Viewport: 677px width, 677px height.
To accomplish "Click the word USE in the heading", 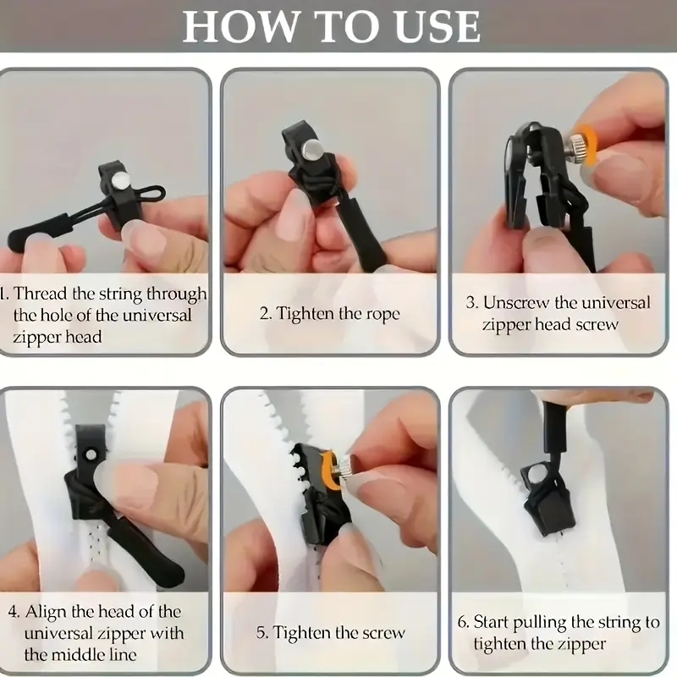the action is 438,26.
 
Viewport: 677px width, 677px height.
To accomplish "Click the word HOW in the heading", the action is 240,26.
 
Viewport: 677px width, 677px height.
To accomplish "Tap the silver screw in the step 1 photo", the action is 119,180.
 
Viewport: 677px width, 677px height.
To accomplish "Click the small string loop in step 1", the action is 152,195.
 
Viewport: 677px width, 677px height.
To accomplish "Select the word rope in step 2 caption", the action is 383,314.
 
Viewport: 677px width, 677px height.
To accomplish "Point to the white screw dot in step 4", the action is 91,454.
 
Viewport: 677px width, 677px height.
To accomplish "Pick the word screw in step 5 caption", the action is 383,633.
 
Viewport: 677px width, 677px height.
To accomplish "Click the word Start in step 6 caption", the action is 492,623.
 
